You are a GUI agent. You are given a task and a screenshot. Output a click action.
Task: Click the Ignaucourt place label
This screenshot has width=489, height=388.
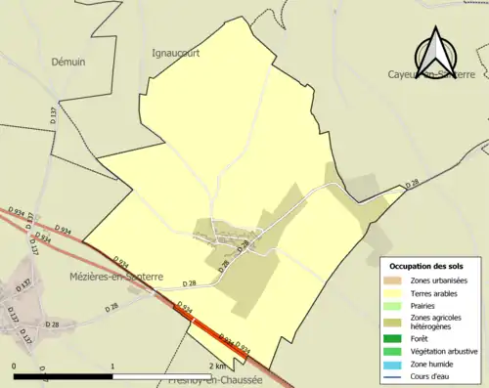coord(176,54)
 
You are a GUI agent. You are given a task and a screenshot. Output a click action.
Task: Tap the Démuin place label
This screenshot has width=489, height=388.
coord(68,61)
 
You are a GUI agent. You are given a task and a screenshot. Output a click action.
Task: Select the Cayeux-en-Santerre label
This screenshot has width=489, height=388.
coord(430,74)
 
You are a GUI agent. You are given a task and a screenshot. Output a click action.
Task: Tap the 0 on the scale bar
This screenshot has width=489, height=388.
coord(15,365)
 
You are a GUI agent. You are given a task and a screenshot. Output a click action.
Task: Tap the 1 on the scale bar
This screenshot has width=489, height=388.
coord(114,365)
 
